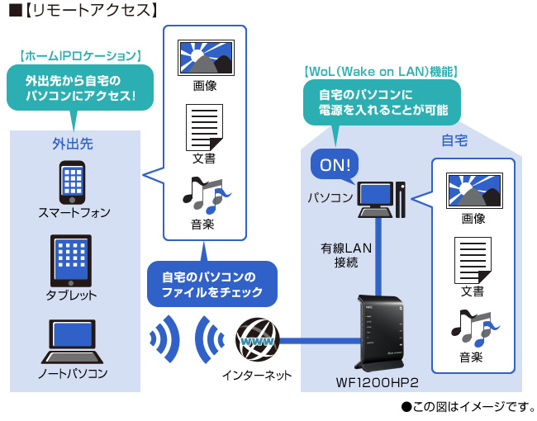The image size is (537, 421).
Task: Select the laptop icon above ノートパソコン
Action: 72,340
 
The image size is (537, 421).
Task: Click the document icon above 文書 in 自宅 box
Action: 472,258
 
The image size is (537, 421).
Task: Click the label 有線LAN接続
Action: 340,255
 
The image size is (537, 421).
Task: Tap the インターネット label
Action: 257,376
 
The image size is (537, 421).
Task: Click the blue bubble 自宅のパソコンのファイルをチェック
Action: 211,284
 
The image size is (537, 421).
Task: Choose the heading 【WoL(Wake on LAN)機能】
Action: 381,72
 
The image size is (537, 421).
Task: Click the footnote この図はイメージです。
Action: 468,407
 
